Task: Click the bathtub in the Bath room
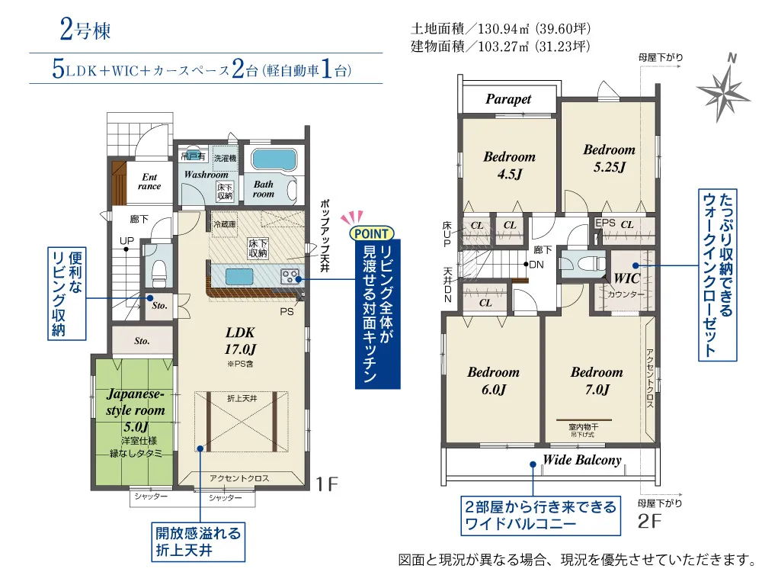tap(273, 159)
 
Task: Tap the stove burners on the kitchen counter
tap(290, 277)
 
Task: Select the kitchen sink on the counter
tap(239, 277)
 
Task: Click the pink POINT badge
tap(371, 233)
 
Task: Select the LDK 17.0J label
tap(240, 340)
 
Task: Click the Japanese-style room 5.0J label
tap(136, 410)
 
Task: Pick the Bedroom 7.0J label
tap(597, 381)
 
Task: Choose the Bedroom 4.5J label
tap(509, 165)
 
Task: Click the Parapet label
tap(508, 99)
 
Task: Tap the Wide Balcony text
tap(582, 460)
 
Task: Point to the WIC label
tap(627, 278)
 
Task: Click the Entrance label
tap(149, 182)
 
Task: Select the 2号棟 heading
tap(85, 30)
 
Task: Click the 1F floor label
tap(327, 484)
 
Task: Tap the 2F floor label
tap(650, 522)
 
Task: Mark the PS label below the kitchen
tap(287, 312)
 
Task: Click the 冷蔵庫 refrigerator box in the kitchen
tap(225, 225)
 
